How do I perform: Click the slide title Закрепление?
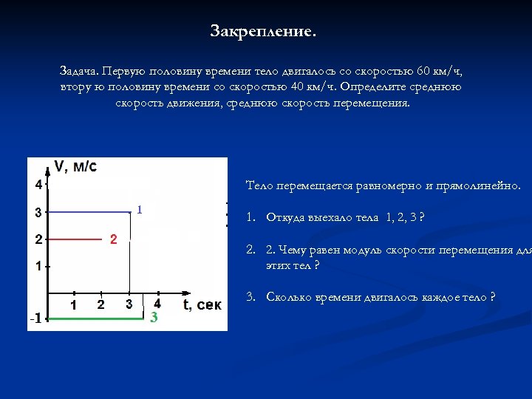pyautogui.click(x=262, y=32)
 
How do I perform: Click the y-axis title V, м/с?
pyautogui.click(x=75, y=167)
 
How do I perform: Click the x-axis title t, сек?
pyautogui.click(x=202, y=304)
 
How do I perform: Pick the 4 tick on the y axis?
pyautogui.click(x=38, y=184)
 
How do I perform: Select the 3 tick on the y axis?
pyautogui.click(x=38, y=213)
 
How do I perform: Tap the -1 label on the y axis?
pyautogui.click(x=35, y=318)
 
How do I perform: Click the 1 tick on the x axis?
pyautogui.click(x=74, y=304)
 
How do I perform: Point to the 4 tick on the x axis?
pyautogui.click(x=157, y=304)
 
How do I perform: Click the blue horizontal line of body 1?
pyautogui.click(x=89, y=212)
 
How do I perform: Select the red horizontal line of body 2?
pyautogui.click(x=74, y=239)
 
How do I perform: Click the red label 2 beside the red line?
pyautogui.click(x=113, y=239)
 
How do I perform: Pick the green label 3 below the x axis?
pyautogui.click(x=154, y=318)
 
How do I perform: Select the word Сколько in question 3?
pyautogui.click(x=291, y=297)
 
